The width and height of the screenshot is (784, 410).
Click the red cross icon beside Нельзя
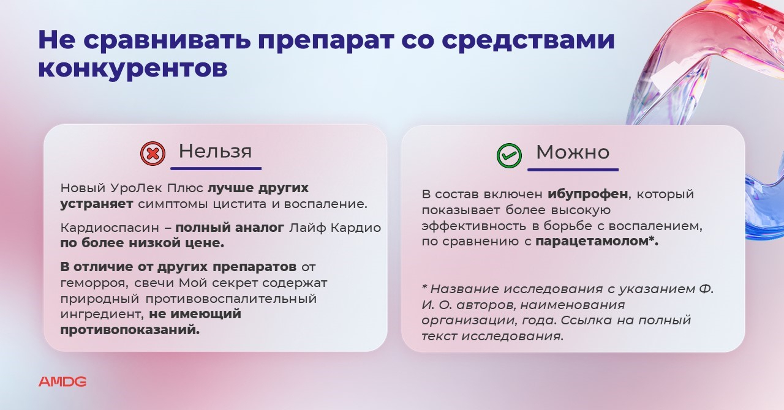153,154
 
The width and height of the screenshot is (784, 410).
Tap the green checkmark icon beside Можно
509,155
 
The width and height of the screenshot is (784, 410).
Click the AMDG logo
62,382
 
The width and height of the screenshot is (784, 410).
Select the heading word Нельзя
215,152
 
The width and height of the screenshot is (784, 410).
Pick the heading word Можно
573,152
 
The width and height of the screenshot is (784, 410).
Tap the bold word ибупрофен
588,194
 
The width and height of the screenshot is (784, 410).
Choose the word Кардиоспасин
110,228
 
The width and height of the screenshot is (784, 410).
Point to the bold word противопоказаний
130,330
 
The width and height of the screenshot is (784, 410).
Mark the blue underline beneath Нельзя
216,169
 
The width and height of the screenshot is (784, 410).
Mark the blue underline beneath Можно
573,170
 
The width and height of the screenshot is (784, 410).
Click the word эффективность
474,226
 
